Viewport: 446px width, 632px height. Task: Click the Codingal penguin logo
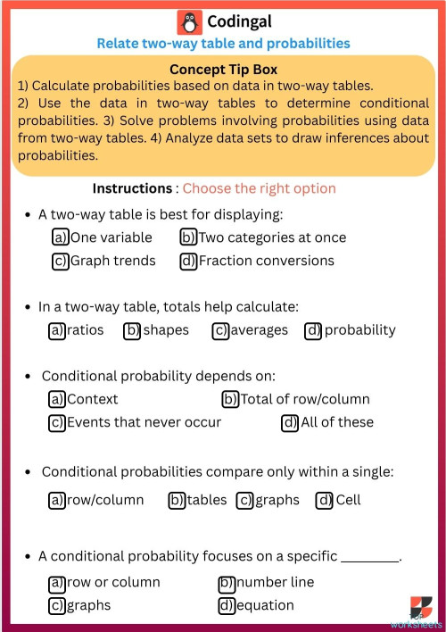pos(189,22)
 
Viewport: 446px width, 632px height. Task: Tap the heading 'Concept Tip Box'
pos(223,70)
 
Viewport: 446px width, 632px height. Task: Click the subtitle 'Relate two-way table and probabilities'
pos(223,43)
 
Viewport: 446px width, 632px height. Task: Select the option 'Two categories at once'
pos(271,237)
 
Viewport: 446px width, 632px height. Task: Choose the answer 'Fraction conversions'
pos(266,261)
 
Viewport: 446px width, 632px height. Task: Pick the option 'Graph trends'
pos(112,261)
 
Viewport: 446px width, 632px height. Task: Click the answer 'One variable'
pos(111,237)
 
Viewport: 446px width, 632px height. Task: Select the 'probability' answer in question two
pos(359,330)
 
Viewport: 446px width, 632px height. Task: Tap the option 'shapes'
pos(165,330)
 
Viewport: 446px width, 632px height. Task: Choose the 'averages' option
pos(259,330)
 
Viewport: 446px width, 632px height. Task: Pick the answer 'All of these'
pos(336,422)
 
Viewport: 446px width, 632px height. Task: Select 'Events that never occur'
pos(144,422)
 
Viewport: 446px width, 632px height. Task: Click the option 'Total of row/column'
pos(305,399)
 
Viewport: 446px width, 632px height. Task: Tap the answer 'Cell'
pos(347,500)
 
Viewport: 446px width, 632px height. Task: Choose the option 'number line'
pos(275,582)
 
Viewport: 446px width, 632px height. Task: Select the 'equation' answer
pos(265,605)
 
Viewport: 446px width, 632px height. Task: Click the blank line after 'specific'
pos(370,557)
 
